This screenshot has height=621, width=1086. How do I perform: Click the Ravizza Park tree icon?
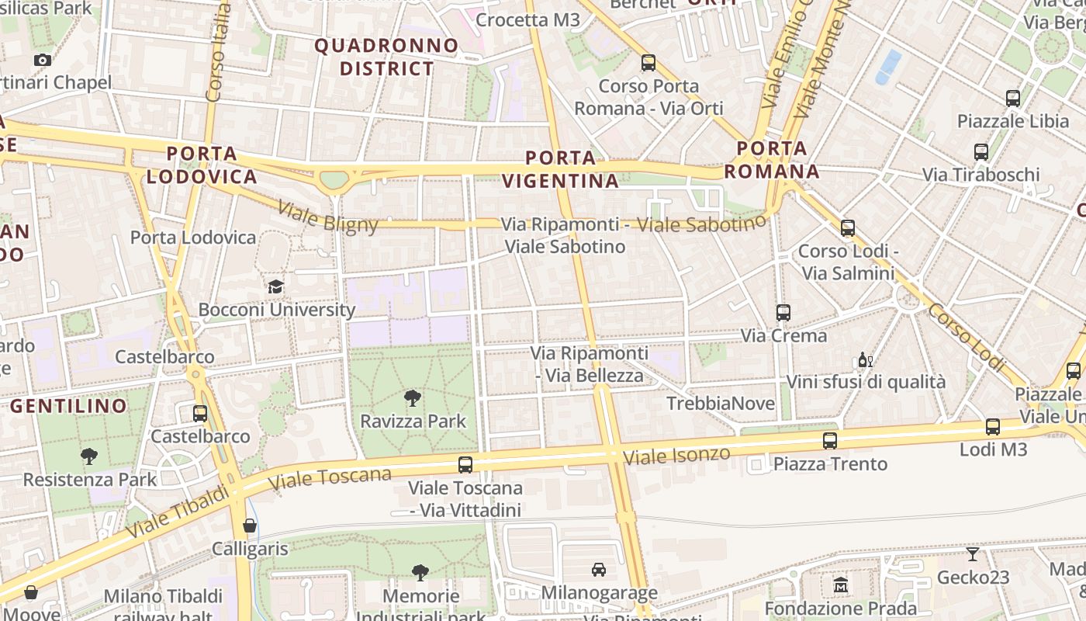413,398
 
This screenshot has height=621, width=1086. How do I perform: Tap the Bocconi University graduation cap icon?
275,287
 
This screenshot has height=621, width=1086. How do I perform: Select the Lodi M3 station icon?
993,426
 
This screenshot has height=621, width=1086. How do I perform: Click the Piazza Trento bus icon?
830,441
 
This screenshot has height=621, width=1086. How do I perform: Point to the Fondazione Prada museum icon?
841,585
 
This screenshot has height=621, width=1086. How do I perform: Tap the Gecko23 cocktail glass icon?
973,554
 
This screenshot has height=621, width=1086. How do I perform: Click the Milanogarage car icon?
599,570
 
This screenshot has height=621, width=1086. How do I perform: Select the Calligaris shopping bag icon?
250,526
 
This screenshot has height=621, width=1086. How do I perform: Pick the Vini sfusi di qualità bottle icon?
865,359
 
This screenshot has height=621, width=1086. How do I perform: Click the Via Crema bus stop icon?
783,313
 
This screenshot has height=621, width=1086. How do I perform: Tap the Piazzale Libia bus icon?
1013,99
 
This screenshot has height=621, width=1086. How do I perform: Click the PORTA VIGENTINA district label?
560,169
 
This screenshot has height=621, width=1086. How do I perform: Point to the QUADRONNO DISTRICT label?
386,57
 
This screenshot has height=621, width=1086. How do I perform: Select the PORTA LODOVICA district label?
202,165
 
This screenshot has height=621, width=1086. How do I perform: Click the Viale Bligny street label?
327,217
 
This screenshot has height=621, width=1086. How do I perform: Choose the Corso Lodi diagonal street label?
967,335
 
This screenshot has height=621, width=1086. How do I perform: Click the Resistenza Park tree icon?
89,456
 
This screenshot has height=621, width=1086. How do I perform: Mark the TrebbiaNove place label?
721,404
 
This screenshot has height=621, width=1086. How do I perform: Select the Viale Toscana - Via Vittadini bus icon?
465,465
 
